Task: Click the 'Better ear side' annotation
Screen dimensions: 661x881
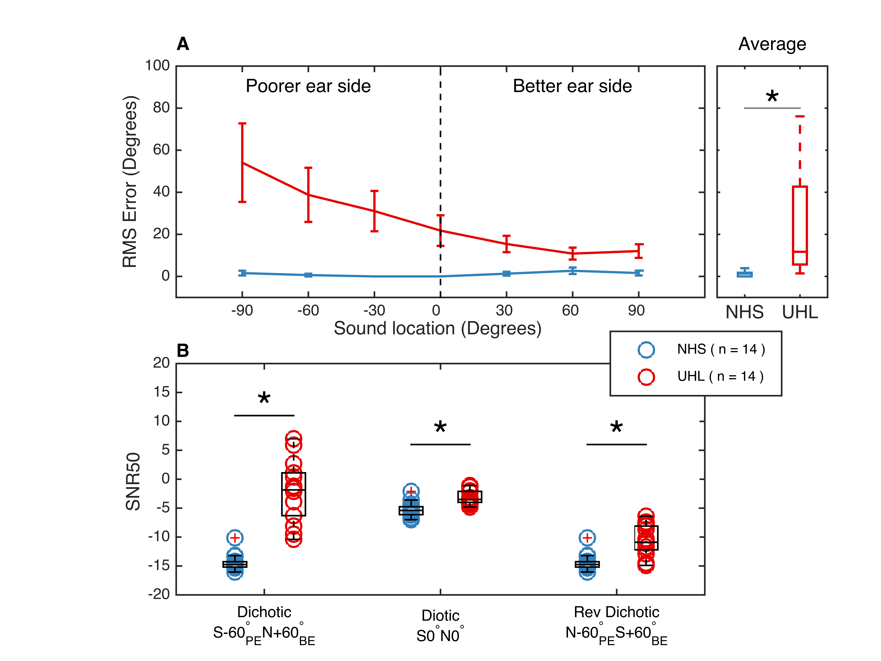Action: pos(572,86)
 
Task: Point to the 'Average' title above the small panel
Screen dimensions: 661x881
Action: pos(772,44)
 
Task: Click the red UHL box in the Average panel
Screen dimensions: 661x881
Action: pos(800,225)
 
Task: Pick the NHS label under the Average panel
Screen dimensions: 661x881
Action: pos(744,312)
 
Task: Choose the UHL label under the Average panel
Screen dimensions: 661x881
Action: pos(800,312)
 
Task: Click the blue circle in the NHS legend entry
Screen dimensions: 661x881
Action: pos(646,349)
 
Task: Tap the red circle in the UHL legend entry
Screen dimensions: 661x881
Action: pos(646,377)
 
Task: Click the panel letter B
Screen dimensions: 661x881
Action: pos(183,351)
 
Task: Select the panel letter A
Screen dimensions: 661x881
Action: pos(183,44)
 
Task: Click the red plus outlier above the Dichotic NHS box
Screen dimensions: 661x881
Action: pos(235,538)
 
